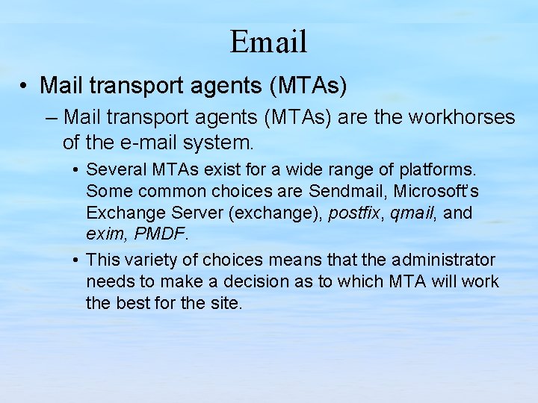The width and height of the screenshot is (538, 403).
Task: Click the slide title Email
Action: tap(268, 41)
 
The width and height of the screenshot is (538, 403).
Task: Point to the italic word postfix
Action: tap(353, 213)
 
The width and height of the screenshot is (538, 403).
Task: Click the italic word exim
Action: tap(105, 234)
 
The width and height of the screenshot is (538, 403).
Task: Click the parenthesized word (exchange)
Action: tap(277, 213)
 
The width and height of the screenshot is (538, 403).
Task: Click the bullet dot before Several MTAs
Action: tap(77, 170)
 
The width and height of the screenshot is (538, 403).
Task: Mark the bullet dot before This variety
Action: tap(77, 260)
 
